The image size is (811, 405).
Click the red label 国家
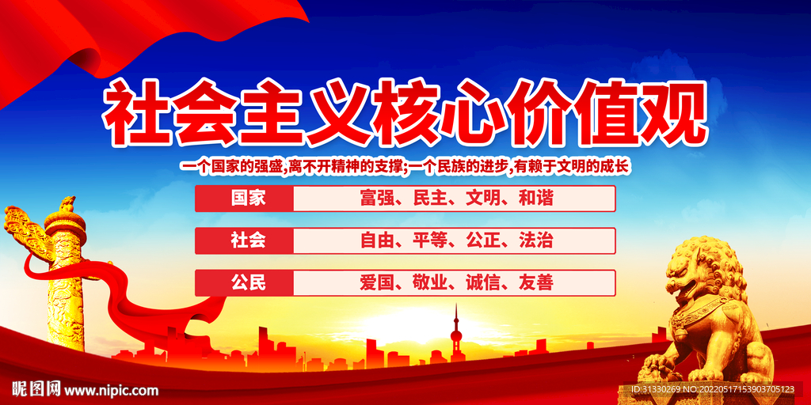248,198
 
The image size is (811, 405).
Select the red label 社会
248,240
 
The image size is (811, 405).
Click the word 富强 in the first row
377,198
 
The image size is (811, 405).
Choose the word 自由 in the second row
377,240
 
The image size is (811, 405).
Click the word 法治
535,240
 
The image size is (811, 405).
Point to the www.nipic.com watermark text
111,390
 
